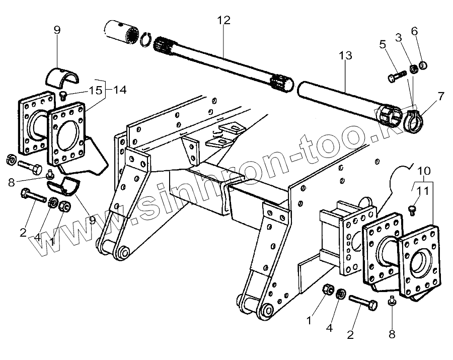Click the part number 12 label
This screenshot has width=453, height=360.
pyautogui.click(x=224, y=21)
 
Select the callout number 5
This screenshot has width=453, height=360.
pyautogui.click(x=383, y=44)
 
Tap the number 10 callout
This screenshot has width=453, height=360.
pyautogui.click(x=423, y=170)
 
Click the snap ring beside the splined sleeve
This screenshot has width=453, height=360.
pyautogui.click(x=144, y=39)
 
